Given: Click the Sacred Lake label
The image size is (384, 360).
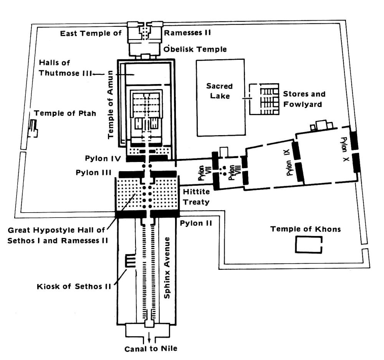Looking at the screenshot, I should (219, 91).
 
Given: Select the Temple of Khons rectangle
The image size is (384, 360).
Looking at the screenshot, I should (308, 244).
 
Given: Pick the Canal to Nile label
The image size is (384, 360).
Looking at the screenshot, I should (151, 349).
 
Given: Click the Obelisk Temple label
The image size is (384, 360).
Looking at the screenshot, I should (195, 49).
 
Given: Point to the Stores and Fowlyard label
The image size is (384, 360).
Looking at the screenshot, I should (304, 99).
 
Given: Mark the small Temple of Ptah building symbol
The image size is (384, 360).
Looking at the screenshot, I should (33, 129).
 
